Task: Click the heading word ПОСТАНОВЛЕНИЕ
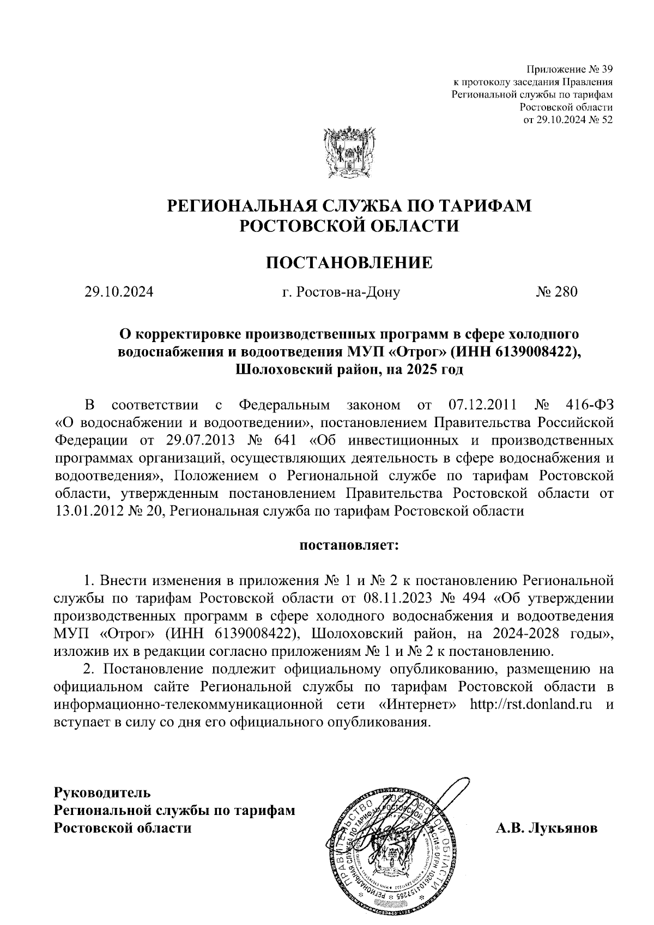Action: pos(349,263)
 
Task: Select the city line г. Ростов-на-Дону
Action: pos(341,293)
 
